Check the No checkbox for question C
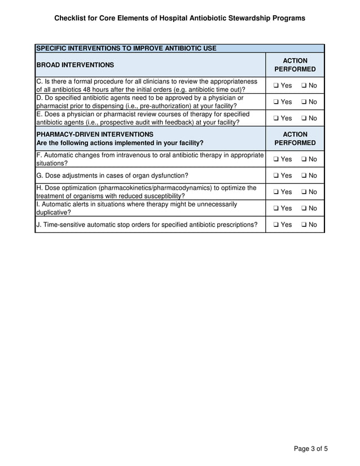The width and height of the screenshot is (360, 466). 304,86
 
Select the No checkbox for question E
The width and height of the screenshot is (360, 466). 304,118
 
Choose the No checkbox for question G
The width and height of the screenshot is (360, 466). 304,175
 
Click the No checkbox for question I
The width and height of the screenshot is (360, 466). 304,208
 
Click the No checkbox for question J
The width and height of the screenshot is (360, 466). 304,225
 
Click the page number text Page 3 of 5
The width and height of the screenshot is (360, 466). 310,449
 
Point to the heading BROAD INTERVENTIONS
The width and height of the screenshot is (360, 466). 75,65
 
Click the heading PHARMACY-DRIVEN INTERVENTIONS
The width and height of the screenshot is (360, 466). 94,134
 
